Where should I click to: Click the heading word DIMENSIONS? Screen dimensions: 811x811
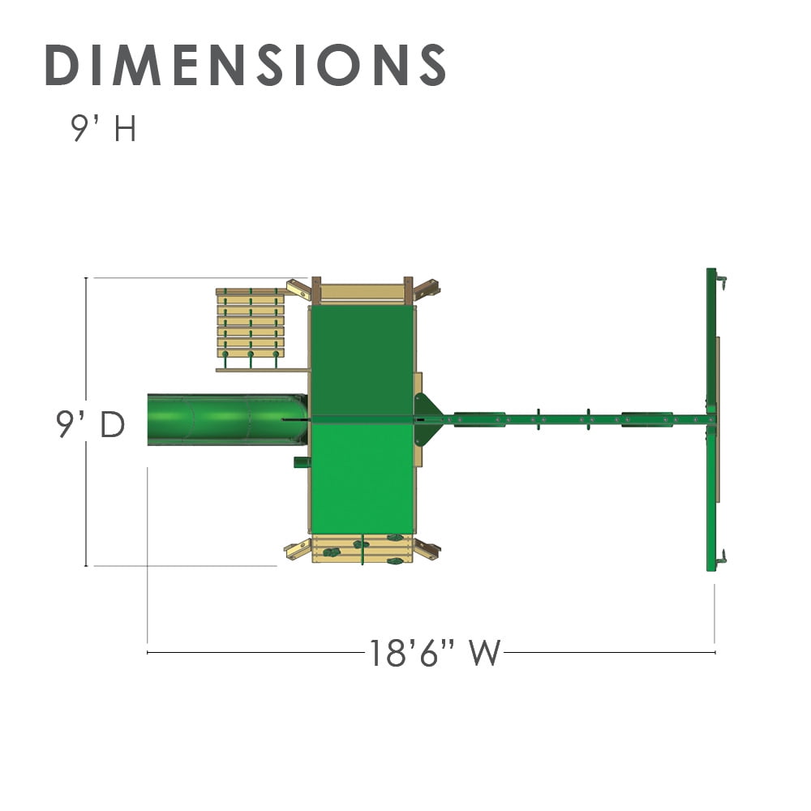(x=246, y=65)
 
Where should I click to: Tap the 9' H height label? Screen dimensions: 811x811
(x=104, y=128)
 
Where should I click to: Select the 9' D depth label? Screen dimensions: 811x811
(x=91, y=425)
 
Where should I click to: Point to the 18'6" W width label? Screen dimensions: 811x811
(x=435, y=653)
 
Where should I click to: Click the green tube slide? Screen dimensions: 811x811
(x=228, y=419)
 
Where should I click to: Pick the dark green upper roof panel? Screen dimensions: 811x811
(x=363, y=360)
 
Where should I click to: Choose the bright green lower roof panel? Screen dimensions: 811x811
(x=363, y=478)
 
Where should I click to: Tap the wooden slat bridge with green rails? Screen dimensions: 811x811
(x=251, y=324)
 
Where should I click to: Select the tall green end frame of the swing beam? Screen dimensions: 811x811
(x=712, y=419)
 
